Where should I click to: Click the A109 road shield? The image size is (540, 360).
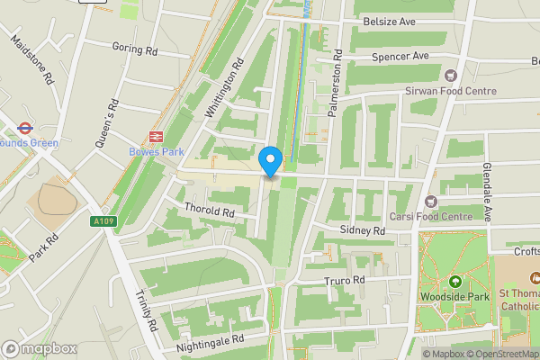[103, 220]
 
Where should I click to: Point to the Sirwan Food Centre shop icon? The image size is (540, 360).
[451, 76]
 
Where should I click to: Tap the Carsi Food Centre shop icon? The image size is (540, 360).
[431, 201]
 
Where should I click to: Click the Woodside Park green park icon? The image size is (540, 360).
[454, 282]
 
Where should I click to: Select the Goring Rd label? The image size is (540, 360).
[134, 47]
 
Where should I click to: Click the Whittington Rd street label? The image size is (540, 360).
[225, 88]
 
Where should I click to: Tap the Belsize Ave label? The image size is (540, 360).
[389, 21]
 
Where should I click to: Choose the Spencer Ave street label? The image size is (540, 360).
[400, 56]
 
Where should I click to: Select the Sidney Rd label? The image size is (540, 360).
[363, 231]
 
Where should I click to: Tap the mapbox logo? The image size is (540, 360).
[39, 348]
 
